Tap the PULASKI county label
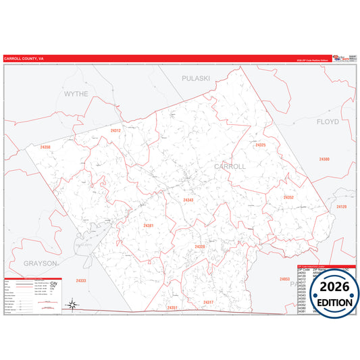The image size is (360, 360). (196, 78)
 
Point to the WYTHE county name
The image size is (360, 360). (76, 94)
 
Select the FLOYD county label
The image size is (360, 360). (328, 122)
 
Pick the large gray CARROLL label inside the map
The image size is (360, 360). (230, 166)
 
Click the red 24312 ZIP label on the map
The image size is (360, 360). (115, 130)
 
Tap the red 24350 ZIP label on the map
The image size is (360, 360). (45, 147)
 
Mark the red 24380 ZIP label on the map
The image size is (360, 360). (324, 159)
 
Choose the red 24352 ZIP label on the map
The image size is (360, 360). (288, 197)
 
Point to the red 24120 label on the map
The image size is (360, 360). (340, 207)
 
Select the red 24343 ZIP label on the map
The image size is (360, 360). (188, 200)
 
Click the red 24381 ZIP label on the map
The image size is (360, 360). (149, 226)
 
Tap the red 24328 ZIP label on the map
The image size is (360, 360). (200, 247)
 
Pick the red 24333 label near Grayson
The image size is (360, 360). (81, 280)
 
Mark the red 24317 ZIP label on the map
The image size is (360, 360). (208, 302)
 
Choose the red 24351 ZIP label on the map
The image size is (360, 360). (172, 308)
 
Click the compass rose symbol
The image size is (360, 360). (74, 305)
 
